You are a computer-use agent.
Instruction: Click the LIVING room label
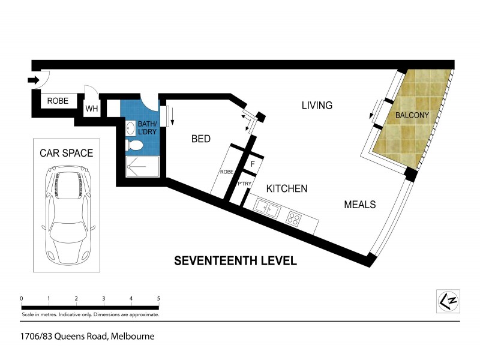point(317,106)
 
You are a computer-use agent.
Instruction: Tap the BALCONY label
point(410,114)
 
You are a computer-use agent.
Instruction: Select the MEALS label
point(359,205)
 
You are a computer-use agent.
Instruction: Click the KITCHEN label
point(287,188)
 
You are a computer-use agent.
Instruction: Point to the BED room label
point(200,139)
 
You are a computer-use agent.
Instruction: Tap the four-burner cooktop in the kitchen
point(295,218)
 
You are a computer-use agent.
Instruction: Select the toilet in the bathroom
point(135,145)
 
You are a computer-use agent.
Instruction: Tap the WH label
point(92,109)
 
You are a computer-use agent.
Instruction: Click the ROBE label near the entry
point(58,101)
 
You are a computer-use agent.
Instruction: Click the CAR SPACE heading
point(66,153)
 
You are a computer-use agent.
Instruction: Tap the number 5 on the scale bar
point(158,298)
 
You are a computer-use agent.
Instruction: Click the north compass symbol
point(447,300)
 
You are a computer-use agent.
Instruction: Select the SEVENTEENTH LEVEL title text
point(235,261)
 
